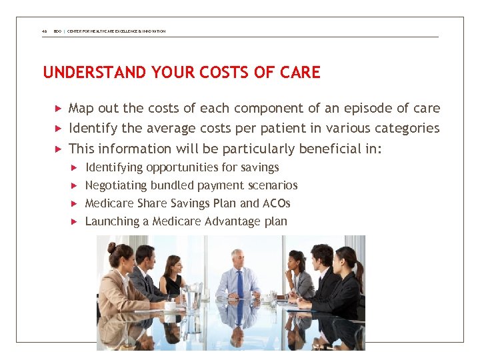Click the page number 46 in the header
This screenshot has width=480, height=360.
pos(44,31)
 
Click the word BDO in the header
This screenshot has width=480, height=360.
pos(57,31)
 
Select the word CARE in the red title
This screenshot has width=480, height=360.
pos(301,72)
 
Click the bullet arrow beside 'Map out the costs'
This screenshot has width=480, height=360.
pos(58,108)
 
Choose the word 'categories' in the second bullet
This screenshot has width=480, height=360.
pos(407,128)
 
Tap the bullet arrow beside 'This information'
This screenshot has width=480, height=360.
pos(58,149)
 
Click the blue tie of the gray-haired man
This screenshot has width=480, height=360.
pos(239,283)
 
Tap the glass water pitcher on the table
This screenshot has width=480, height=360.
pos(193,296)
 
